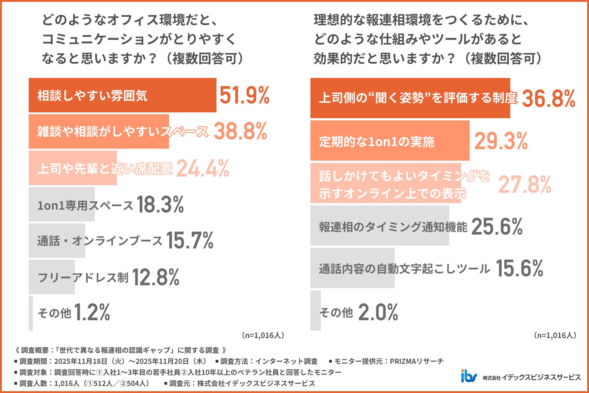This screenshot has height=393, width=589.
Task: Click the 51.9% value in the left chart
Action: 244,95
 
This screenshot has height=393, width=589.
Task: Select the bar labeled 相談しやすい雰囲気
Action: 122,95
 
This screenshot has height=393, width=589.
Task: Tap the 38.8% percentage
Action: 240,131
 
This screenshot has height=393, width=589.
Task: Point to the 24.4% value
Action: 202,168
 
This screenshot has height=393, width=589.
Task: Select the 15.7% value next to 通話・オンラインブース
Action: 190,240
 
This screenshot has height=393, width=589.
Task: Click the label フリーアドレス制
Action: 83,277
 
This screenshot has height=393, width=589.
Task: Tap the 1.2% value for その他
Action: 92,312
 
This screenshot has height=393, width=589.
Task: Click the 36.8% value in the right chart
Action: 548,99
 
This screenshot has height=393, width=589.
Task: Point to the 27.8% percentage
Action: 525,185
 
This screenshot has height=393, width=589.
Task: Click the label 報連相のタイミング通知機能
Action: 393,227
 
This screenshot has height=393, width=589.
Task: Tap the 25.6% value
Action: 497,227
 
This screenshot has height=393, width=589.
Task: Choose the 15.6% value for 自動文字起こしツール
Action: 519,268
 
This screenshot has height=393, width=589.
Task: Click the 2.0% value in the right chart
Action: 378,312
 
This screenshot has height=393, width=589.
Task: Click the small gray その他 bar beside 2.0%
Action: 315,310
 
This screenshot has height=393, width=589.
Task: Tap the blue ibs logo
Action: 469,376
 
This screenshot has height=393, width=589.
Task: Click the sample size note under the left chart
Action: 263,335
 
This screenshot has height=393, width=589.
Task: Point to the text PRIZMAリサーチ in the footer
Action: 416,361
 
